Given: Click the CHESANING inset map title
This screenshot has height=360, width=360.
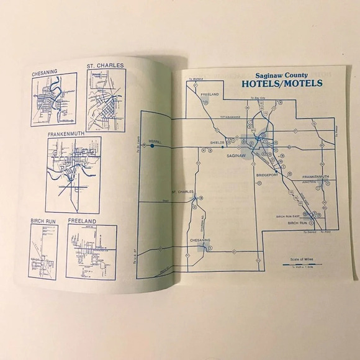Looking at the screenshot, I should click(x=44, y=72).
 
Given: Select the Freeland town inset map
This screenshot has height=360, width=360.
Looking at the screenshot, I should click(x=91, y=252).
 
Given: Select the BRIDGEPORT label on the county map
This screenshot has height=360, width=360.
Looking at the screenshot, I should click(x=268, y=176).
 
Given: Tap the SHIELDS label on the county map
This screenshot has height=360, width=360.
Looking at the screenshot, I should click(x=216, y=142).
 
